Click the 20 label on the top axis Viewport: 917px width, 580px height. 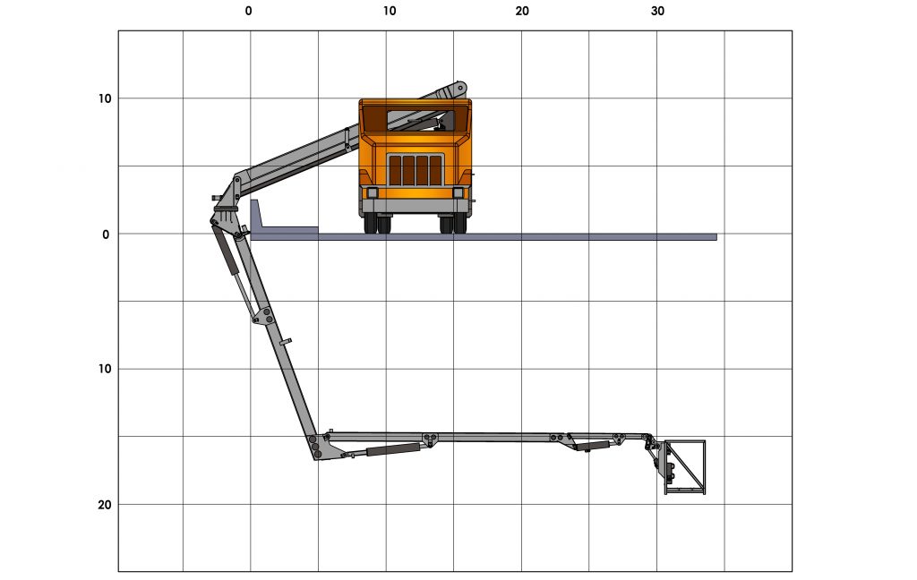(x=522, y=11)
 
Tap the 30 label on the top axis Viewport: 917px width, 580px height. (x=657, y=11)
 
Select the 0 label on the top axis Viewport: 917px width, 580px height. (x=249, y=11)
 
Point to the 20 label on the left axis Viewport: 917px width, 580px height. (x=105, y=505)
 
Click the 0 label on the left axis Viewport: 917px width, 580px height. (x=105, y=235)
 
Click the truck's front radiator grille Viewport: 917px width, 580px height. (x=416, y=170)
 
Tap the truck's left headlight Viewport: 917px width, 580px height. (x=373, y=192)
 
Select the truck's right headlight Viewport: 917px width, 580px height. (x=458, y=192)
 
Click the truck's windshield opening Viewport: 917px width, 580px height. (x=416, y=119)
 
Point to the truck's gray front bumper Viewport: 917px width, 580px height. (x=416, y=206)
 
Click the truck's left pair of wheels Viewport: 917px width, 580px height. (x=377, y=223)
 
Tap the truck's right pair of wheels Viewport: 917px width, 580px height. (x=453, y=223)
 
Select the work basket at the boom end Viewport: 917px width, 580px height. (x=685, y=466)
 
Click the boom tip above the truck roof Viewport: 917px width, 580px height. (x=459, y=88)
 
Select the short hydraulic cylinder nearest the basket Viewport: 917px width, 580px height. (x=593, y=445)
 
